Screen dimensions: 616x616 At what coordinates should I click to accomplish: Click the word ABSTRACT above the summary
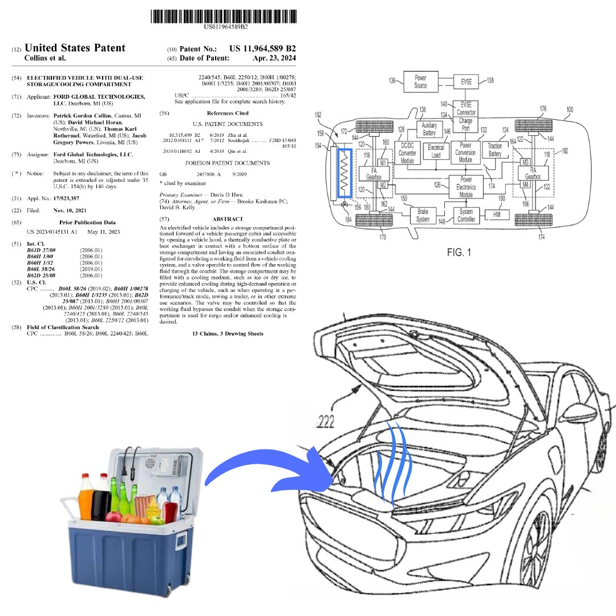pyautogui.click(x=227, y=219)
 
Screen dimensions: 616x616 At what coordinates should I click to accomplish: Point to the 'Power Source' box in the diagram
pyautogui.click(x=420, y=82)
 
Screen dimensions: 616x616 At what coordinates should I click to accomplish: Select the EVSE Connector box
pyautogui.click(x=465, y=108)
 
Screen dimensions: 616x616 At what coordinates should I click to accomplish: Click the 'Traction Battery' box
pyautogui.click(x=495, y=150)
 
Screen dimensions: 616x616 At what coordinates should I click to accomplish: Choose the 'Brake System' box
pyautogui.click(x=423, y=216)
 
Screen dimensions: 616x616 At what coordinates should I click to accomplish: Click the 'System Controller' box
pyautogui.click(x=466, y=216)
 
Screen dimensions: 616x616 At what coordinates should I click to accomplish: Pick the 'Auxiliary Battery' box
pyautogui.click(x=429, y=129)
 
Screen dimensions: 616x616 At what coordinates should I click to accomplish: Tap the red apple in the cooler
pyautogui.click(x=114, y=517)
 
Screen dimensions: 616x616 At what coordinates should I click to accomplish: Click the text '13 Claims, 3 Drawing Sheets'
pyautogui.click(x=228, y=334)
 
